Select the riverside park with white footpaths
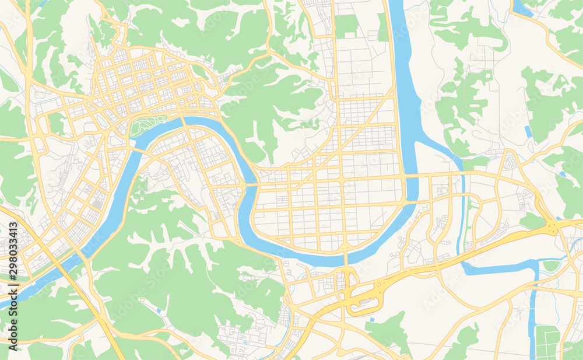[149, 123]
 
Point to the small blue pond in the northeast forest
[528, 131]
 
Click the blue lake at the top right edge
[521, 8]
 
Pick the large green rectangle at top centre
[346, 26]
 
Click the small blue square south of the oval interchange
[371, 320]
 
